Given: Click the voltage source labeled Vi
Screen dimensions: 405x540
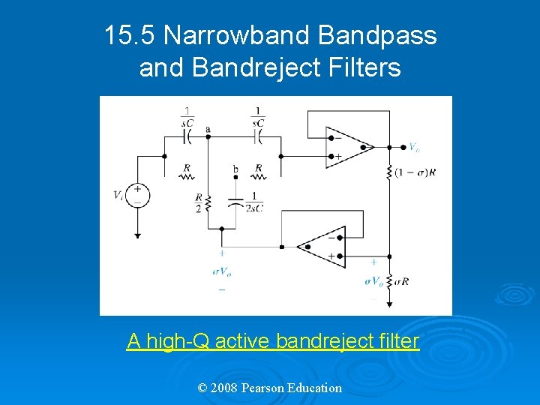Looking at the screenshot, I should tap(138, 195).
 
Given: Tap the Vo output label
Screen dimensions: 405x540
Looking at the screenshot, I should tap(413, 146).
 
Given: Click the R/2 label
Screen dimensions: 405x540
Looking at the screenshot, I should tap(199, 202).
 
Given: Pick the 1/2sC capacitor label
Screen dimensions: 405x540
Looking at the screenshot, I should tap(254, 202).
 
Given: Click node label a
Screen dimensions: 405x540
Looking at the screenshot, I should tap(208, 129).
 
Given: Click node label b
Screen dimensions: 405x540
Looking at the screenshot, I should tap(235, 169).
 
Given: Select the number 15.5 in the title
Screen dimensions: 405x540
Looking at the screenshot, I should tap(130, 35).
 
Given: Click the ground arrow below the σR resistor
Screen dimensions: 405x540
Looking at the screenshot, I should tap(390, 303).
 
